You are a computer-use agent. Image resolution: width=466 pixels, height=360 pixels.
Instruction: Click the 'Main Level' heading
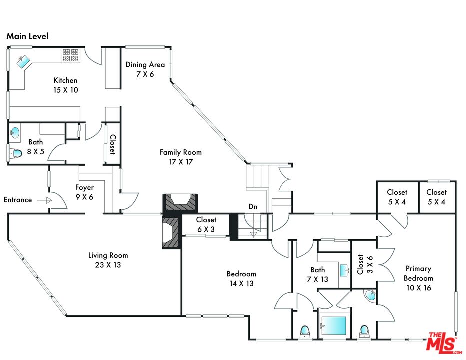(27, 37)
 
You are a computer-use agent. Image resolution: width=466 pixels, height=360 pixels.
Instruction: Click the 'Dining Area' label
(145, 64)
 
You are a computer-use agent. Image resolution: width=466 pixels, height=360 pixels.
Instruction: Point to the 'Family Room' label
(181, 152)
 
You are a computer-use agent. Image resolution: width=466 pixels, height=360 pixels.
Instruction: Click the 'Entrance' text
(18, 200)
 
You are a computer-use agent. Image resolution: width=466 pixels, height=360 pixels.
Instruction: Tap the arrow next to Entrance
(45, 200)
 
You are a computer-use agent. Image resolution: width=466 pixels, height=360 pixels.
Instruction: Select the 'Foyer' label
(84, 188)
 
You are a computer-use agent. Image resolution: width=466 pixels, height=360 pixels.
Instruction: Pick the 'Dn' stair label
(253, 206)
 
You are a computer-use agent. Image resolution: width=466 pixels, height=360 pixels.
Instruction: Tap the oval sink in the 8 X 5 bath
(16, 133)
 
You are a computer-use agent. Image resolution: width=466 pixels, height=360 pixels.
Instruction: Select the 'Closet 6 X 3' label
(206, 220)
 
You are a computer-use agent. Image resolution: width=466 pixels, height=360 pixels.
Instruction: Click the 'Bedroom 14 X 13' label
(241, 274)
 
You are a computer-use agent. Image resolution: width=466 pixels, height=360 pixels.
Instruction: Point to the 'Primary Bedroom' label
(419, 273)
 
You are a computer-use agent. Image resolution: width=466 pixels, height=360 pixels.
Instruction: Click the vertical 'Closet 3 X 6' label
(360, 265)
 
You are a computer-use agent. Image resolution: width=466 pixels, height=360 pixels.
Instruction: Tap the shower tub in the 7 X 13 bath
(334, 326)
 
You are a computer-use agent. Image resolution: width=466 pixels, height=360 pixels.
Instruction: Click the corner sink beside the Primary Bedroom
(370, 295)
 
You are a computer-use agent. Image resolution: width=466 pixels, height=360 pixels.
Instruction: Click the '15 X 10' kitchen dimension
(65, 90)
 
